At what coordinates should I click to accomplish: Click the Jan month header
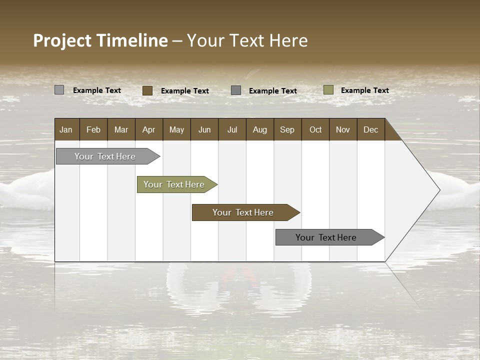coord(66,129)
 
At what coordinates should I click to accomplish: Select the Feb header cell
coord(93,129)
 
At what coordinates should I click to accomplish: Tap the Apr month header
coord(149,129)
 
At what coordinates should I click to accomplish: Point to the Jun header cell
coord(204,129)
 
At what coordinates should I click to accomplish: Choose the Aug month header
coord(260,129)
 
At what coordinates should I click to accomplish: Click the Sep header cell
coord(287,129)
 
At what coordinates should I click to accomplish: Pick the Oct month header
coord(315,129)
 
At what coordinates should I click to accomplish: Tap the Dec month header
coord(371,129)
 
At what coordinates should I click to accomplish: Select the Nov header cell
coord(343,129)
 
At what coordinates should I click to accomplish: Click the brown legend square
coord(147,90)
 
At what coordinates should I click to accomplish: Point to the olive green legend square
coord(328,90)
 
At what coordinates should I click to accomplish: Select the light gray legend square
coord(59,90)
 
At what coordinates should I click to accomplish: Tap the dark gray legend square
coord(236,90)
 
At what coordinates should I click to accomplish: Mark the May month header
coord(176,129)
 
